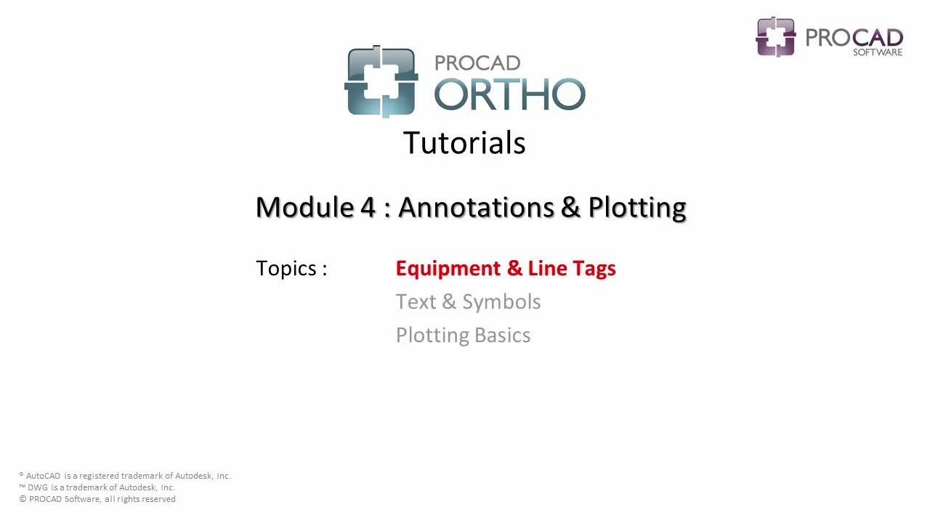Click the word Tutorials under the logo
point(464,143)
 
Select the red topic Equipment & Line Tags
point(506,269)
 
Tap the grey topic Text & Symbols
point(468,302)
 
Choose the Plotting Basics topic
point(463,336)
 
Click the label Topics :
point(291,269)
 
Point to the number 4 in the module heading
point(368,207)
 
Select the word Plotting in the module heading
point(637,208)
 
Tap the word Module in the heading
point(304,207)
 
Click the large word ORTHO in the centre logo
point(509,94)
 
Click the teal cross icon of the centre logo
point(381,81)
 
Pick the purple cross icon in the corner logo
point(776,36)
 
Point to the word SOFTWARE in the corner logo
point(878,52)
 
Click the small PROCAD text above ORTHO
point(477,63)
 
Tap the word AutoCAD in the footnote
point(43,476)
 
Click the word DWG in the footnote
point(38,487)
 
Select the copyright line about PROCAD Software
point(97,499)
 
